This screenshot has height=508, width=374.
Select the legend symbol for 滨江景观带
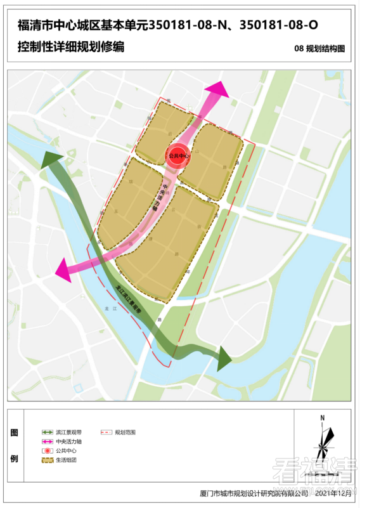click(45, 432)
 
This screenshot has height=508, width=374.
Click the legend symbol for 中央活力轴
click(45, 441)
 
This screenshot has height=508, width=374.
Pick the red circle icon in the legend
click(45, 450)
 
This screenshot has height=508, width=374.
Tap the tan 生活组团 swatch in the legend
click(45, 460)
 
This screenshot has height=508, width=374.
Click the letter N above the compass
click(323, 417)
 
